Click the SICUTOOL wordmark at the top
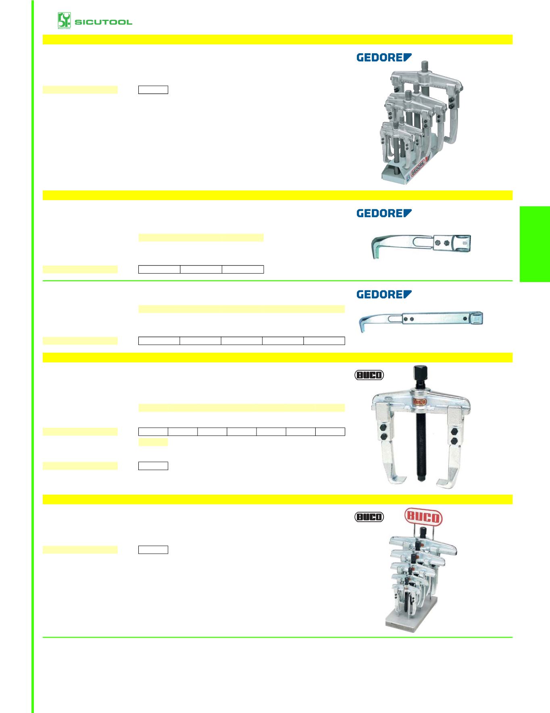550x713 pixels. tap(103, 22)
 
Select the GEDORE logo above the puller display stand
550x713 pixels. tap(384, 57)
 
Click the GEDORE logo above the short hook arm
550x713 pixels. tap(384, 213)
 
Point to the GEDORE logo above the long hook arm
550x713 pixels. tap(384, 294)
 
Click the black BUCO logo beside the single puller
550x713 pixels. tap(369, 375)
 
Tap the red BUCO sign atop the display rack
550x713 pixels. tap(423, 517)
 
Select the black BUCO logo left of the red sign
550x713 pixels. tap(369, 517)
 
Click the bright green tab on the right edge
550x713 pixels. tap(535, 244)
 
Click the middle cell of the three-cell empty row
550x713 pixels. tap(201, 270)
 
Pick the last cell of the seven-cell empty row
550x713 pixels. tap(330, 432)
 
